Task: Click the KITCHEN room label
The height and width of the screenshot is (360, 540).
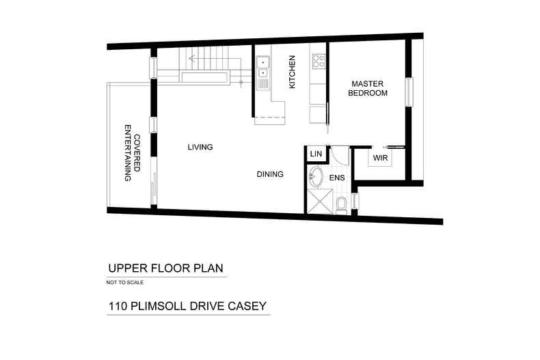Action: pos(292,72)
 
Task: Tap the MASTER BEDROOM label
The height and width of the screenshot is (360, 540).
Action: pos(368,88)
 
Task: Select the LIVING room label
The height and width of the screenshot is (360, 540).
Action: pos(200,147)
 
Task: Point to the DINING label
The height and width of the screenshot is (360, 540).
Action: pos(270,174)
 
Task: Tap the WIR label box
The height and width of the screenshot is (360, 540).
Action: pos(380,158)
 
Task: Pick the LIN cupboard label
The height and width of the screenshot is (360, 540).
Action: pos(315,154)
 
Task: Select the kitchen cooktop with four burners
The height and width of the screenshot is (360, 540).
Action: pos(318,61)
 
